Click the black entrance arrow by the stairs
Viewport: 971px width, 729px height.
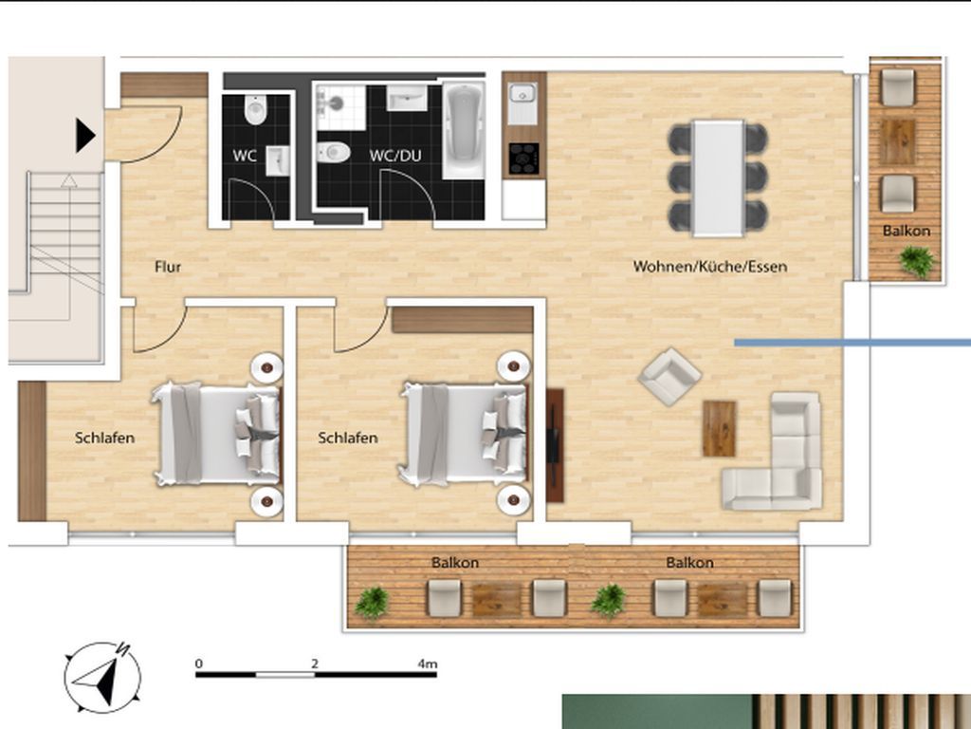pos(85,136)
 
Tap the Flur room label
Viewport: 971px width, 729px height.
pos(168,267)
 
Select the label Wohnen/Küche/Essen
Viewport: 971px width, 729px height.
pos(710,267)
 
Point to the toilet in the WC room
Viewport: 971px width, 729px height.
pos(256,110)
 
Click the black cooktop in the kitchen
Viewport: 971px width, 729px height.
pos(523,158)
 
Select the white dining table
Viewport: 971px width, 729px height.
pos(718,178)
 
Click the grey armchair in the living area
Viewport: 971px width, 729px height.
pos(669,376)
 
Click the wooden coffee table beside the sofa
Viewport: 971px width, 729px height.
pos(719,427)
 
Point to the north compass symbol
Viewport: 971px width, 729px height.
pos(101,675)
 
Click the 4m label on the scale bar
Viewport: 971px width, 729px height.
pos(427,664)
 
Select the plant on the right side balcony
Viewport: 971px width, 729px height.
pos(916,260)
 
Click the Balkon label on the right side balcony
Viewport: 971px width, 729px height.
pos(907,231)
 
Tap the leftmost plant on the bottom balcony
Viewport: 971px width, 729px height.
pos(372,602)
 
